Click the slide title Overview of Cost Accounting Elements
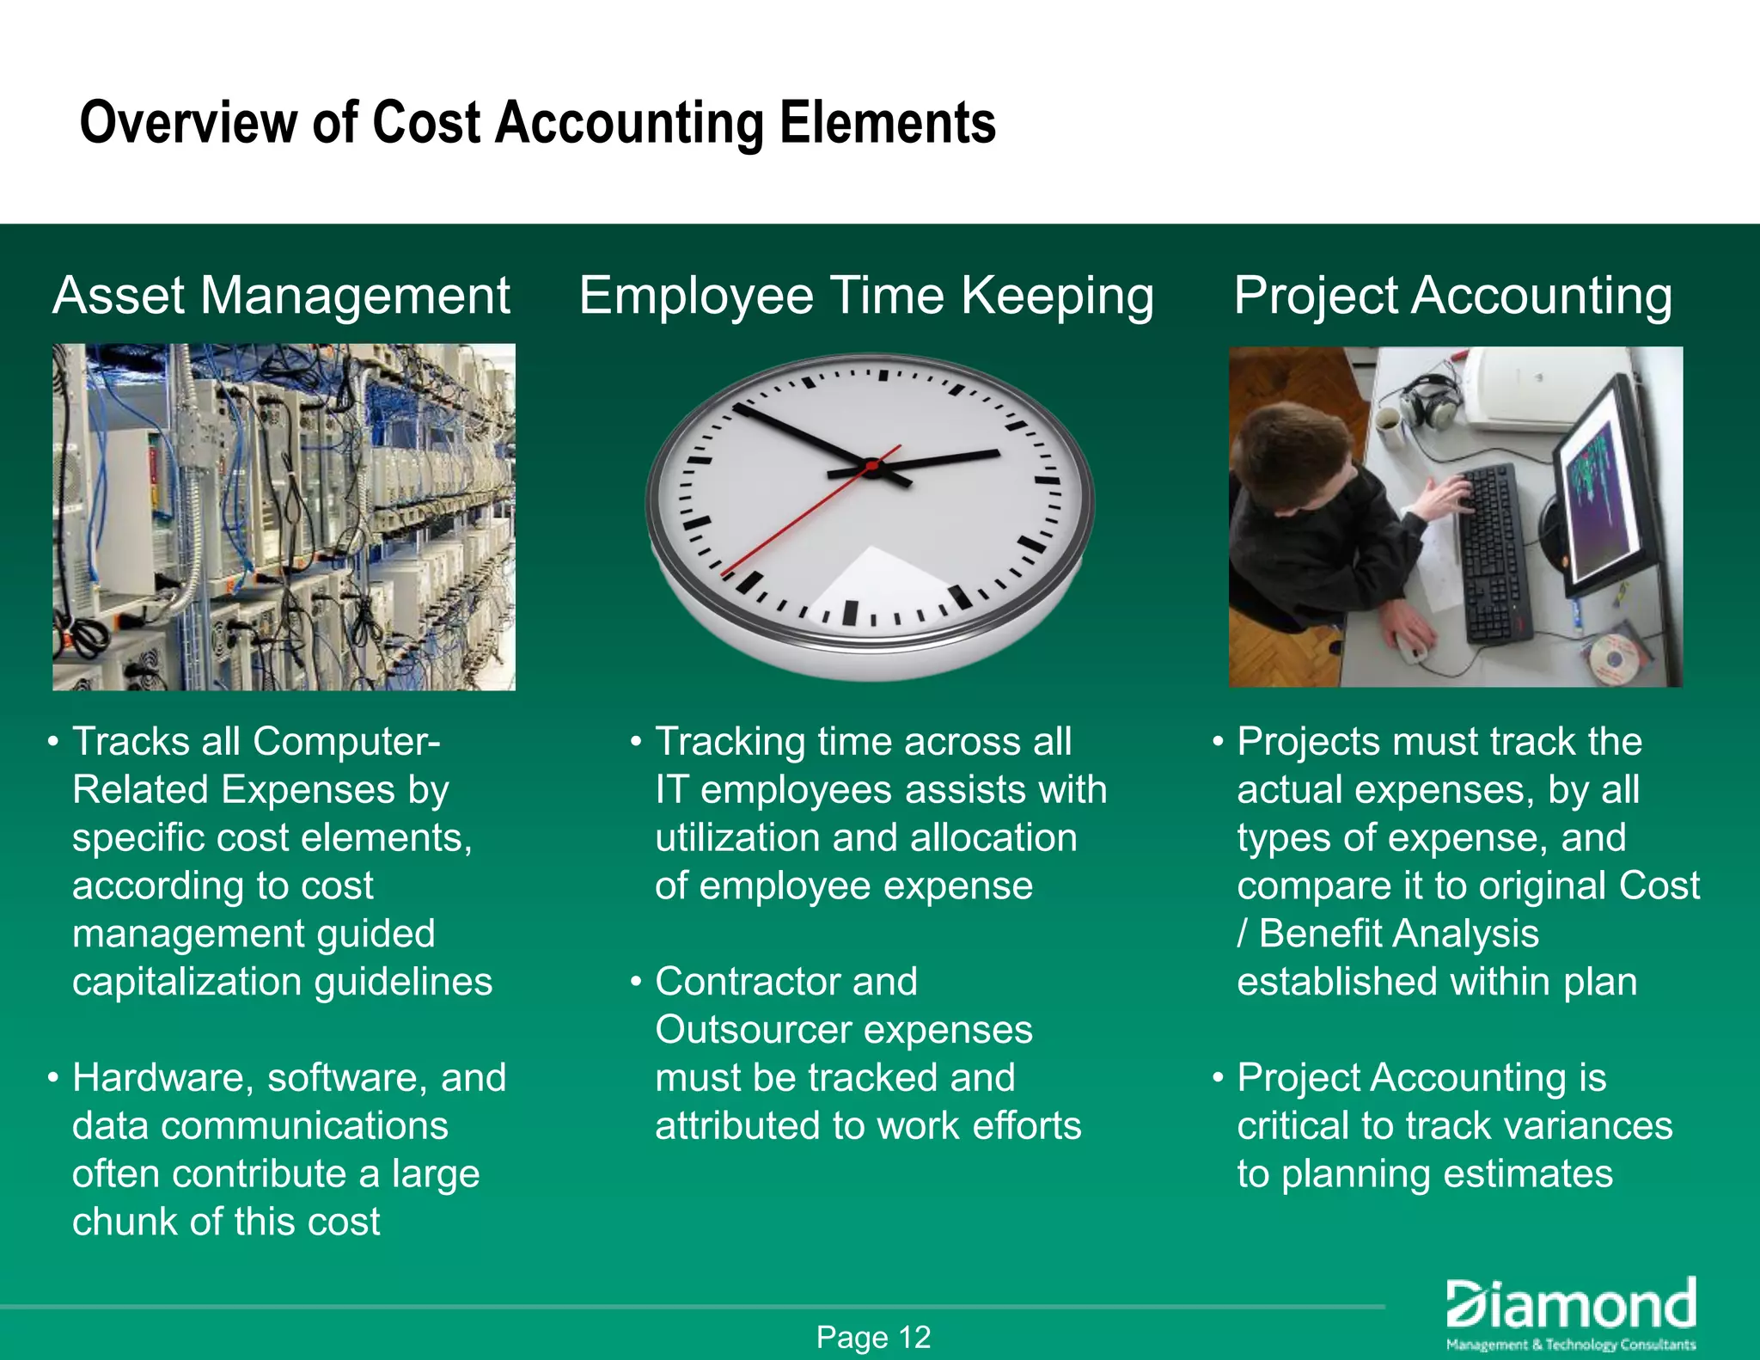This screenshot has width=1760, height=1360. (x=537, y=123)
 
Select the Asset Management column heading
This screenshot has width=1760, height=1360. (x=281, y=296)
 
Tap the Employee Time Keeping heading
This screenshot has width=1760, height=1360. (x=866, y=296)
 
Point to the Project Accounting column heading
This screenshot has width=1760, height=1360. (x=1453, y=296)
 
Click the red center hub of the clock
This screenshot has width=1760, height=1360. (x=871, y=467)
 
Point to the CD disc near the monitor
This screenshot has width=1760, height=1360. (x=1612, y=658)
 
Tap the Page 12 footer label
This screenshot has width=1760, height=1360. (x=873, y=1337)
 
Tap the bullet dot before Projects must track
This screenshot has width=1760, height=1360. (x=1218, y=741)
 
